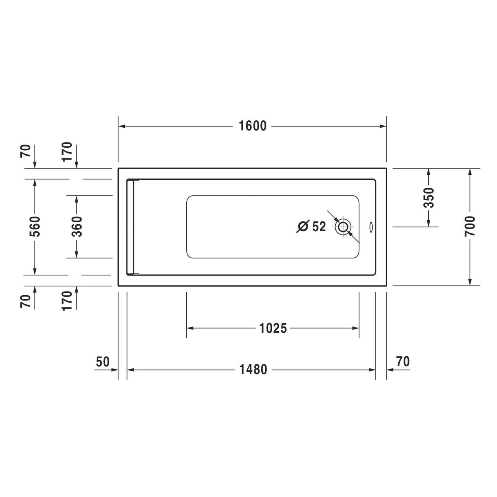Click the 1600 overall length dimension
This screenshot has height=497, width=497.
click(253, 126)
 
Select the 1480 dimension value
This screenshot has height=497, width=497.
click(253, 370)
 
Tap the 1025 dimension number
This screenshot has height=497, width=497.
click(273, 328)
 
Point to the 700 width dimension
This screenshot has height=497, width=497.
click(470, 226)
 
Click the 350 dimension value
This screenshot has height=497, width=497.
click(429, 198)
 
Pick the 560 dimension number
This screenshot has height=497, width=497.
click(35, 227)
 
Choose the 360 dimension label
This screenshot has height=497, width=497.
click(76, 227)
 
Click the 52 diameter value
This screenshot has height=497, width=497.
click(319, 226)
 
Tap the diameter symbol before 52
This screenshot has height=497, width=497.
click(303, 226)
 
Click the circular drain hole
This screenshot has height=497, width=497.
click(343, 227)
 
